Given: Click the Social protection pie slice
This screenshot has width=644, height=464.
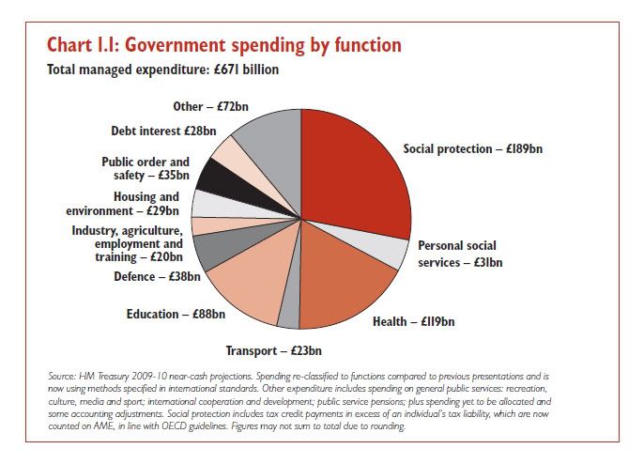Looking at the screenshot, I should [x=352, y=174].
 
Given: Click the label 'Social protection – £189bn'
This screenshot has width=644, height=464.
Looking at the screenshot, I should [x=473, y=148].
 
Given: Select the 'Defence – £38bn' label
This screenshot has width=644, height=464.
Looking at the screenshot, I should [x=157, y=276].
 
